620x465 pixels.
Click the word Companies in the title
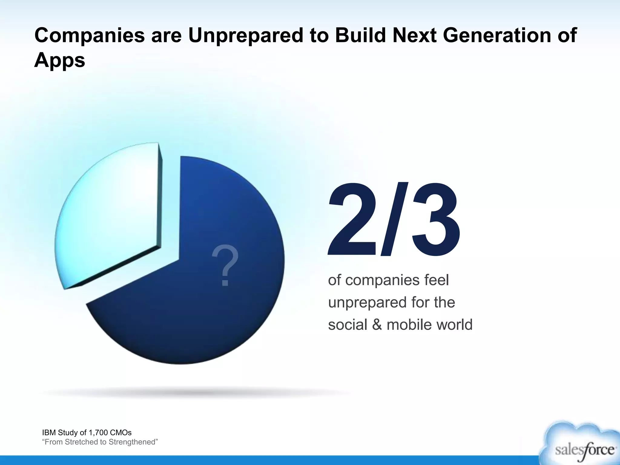coord(90,36)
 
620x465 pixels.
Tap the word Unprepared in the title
coord(246,36)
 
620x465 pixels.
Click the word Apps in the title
coord(60,61)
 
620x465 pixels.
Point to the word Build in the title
coord(360,36)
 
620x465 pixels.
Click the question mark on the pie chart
coord(225,266)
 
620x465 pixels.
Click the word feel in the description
coord(436,280)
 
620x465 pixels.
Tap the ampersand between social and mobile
coord(377,325)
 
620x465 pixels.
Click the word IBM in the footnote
coord(48,432)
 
